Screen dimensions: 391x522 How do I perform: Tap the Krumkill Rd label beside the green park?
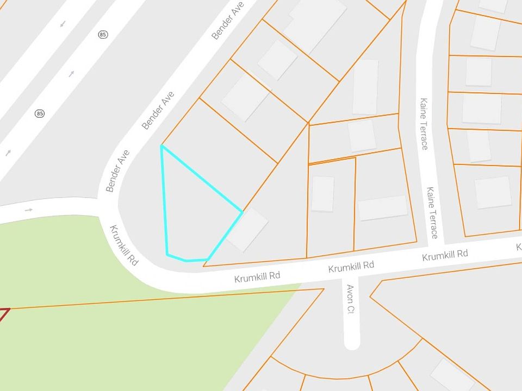pos(124,245)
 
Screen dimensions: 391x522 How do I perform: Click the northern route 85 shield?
pos(103,35)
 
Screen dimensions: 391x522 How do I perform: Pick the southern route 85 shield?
pos(39,113)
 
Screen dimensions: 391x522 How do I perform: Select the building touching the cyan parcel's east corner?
pos(247,230)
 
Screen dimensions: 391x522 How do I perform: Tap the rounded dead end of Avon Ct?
pos(352,342)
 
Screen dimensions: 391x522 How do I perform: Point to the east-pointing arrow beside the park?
pos(29,210)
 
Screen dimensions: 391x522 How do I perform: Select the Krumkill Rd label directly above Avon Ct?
pos(351,266)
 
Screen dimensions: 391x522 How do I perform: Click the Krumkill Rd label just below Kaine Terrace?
pos(445,254)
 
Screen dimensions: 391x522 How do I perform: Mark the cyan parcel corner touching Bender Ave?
pos(161,146)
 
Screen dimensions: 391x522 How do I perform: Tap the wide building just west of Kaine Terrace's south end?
pos(382,207)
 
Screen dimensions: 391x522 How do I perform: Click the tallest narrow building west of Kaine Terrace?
pos(365,87)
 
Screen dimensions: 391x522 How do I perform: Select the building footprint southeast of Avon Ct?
pos(452,375)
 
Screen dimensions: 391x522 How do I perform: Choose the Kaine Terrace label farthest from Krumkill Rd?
pos(424,123)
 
